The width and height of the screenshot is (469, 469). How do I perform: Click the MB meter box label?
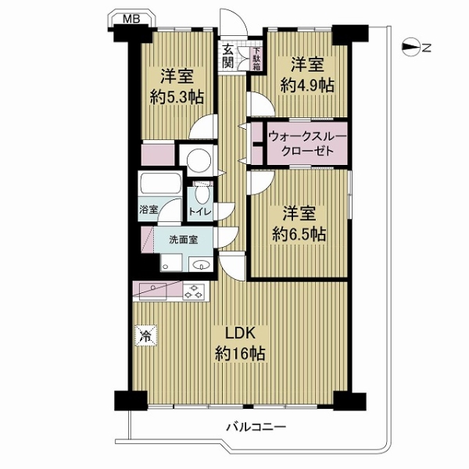(131, 19)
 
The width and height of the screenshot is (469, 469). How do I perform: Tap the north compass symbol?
(411, 47)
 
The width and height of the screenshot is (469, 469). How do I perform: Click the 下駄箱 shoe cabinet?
(256, 59)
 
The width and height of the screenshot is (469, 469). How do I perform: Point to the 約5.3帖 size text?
(177, 97)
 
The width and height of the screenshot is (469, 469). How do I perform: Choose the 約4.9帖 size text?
(307, 86)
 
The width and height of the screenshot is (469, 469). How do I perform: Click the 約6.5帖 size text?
(299, 234)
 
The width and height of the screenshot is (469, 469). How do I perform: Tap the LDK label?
(240, 334)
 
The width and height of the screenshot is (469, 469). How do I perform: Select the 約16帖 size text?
(240, 354)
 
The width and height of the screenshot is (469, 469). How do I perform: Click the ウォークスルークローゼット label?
(307, 144)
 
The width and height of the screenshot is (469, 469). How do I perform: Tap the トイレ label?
(200, 212)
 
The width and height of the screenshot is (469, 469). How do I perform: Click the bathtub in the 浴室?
(160, 184)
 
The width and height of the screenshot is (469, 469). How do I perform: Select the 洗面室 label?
(184, 240)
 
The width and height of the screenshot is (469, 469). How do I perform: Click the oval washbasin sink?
(200, 264)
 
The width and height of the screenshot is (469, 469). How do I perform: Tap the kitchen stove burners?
(194, 292)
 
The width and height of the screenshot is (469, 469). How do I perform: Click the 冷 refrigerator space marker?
(146, 335)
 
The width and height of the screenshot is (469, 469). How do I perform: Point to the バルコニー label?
(256, 426)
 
